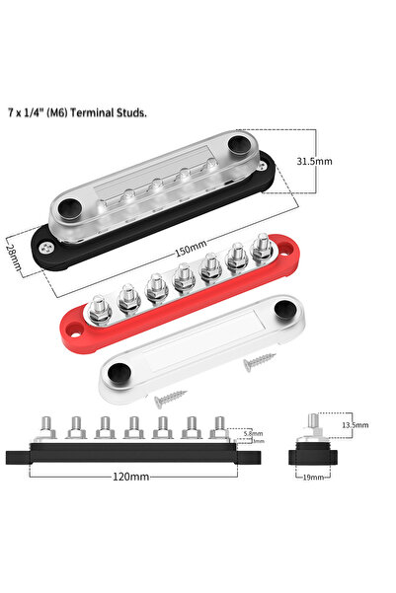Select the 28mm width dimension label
13,258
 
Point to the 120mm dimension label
131,476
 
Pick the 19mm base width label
313,476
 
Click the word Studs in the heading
133,113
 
